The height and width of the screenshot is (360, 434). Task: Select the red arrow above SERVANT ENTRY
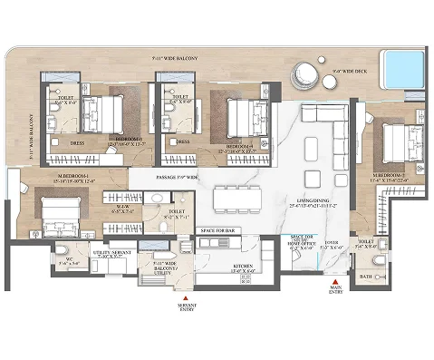[187, 297]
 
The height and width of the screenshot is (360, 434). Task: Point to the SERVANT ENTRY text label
[187, 308]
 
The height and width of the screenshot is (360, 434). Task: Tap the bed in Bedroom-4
[241, 115]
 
